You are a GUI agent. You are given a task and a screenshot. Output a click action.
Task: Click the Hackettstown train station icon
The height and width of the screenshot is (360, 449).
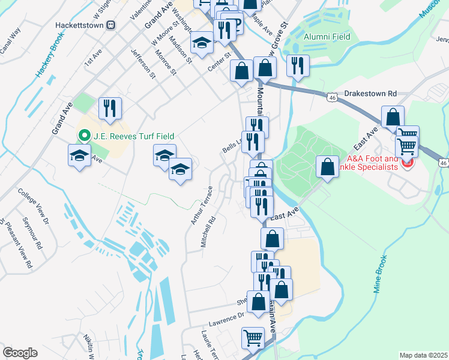110,25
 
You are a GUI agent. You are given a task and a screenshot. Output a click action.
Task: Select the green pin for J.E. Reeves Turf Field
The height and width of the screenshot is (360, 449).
80,136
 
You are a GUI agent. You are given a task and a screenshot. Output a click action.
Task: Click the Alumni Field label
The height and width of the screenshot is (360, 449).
327,37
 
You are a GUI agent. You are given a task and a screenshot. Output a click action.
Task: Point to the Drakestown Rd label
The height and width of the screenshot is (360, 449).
370,94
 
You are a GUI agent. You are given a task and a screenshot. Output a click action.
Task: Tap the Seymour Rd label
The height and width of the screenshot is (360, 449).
35,235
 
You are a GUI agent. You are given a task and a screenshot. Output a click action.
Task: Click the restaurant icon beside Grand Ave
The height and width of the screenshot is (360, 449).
110,108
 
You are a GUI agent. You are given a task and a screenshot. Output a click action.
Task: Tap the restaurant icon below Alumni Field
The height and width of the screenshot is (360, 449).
298,65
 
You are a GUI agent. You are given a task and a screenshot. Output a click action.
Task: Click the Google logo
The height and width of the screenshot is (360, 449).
20,353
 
